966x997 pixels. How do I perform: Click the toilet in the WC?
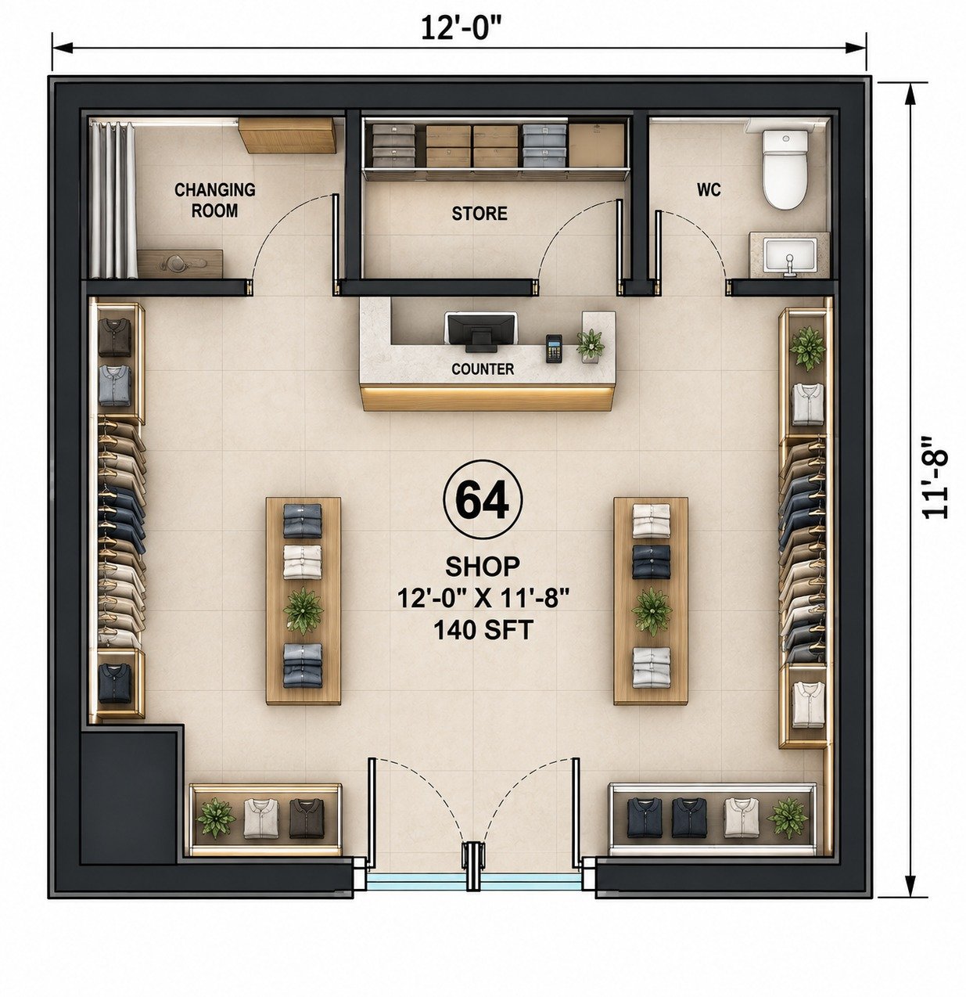(785, 168)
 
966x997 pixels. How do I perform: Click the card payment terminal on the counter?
(554, 348)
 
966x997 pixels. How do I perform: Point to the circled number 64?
(483, 499)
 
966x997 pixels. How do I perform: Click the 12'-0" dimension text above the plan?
(459, 28)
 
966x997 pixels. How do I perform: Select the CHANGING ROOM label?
(214, 200)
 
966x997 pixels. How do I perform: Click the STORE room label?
(479, 213)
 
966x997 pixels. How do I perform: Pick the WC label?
(709, 190)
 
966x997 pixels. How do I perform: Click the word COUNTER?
(483, 369)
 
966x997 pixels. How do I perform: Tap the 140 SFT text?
(483, 630)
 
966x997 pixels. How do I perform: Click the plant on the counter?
(591, 344)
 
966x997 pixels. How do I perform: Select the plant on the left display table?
(303, 610)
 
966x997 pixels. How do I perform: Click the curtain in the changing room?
(113, 200)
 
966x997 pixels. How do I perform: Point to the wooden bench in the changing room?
(180, 264)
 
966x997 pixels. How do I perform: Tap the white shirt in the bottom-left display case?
(261, 819)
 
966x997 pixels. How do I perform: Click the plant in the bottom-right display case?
(787, 819)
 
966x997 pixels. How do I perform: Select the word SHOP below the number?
(483, 566)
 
